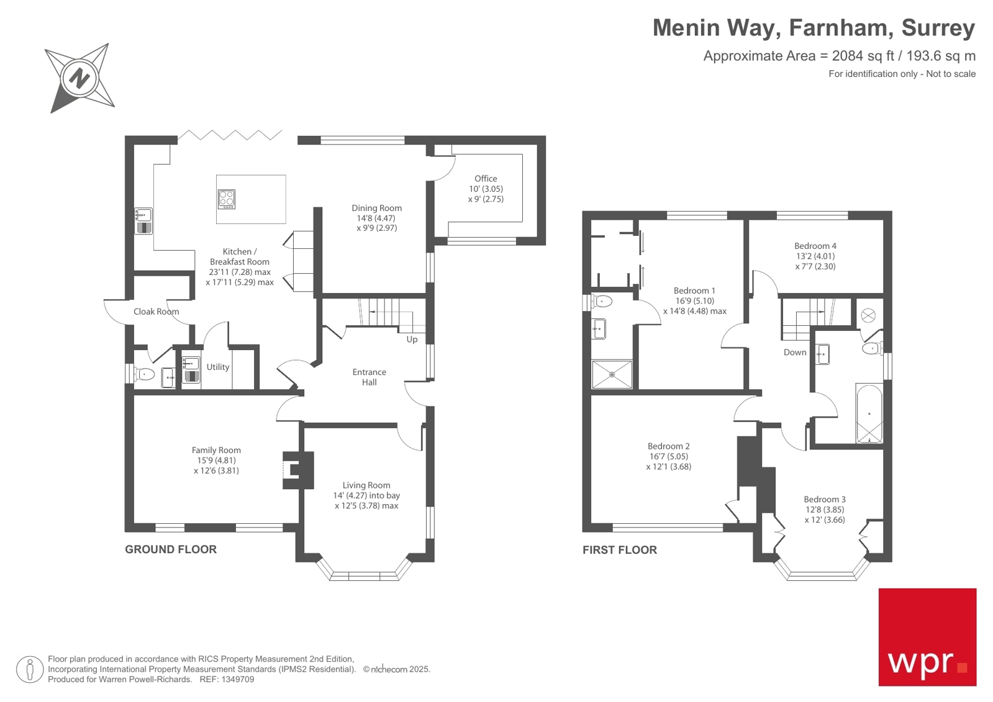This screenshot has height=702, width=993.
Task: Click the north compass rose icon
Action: pos(79,78)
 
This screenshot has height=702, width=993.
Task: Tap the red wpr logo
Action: pos(927,637)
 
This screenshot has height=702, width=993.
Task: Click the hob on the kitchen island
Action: pos(227,199)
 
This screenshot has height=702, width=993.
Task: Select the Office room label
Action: pos(486,179)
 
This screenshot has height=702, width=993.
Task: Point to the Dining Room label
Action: pos(376,209)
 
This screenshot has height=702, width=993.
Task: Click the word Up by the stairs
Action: pos(412,340)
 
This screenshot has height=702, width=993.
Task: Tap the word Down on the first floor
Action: pos(794,353)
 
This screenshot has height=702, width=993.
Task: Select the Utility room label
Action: pos(218,367)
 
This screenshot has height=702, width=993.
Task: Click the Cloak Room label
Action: pos(156,312)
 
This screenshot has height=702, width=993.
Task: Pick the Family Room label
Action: pos(216,451)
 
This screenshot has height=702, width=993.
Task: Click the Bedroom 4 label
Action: pos(815,246)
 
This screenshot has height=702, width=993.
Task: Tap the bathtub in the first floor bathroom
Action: pos(869,413)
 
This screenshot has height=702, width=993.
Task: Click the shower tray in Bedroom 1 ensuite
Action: pos(612,374)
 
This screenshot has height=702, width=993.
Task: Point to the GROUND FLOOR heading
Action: pos(171,549)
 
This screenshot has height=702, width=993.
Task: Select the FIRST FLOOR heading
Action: pos(619,550)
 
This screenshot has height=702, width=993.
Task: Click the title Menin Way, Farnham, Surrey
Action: pos(813,28)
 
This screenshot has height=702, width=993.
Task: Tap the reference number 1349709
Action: pos(238,680)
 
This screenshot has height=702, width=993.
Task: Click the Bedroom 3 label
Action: pos(824,500)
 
